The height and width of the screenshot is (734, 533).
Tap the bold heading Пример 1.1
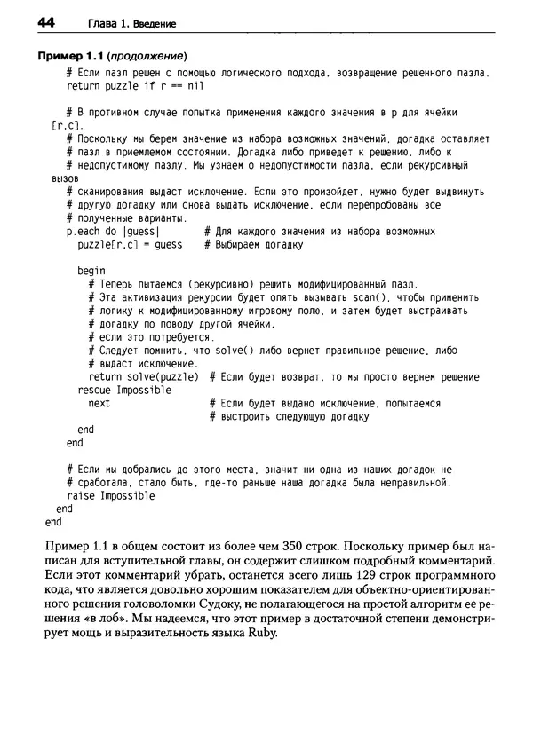pyautogui.click(x=68, y=56)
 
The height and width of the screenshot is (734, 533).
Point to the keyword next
pyautogui.click(x=99, y=403)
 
